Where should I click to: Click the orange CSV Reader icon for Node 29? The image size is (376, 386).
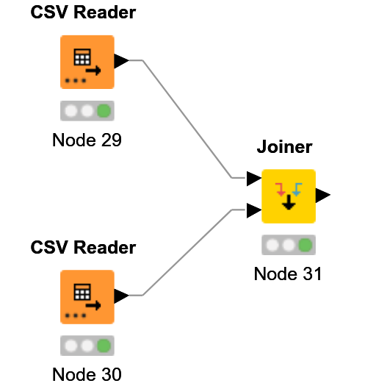(x=87, y=62)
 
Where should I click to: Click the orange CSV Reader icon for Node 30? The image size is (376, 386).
(x=87, y=296)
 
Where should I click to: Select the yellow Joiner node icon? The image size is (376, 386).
(x=289, y=196)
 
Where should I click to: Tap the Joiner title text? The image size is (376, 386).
(x=284, y=147)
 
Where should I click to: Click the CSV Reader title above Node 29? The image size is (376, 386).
(x=83, y=12)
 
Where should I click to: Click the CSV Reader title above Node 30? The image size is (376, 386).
(x=83, y=247)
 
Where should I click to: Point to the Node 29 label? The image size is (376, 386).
(x=87, y=140)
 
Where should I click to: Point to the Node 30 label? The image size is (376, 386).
(x=87, y=374)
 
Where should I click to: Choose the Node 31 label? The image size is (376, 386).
(x=288, y=274)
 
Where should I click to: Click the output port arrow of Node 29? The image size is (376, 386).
(x=121, y=61)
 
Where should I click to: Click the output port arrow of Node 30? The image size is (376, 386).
(x=121, y=296)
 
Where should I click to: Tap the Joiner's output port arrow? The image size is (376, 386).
(x=322, y=195)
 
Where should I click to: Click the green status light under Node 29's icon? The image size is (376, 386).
(x=104, y=111)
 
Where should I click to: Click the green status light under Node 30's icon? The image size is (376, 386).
(x=104, y=346)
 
